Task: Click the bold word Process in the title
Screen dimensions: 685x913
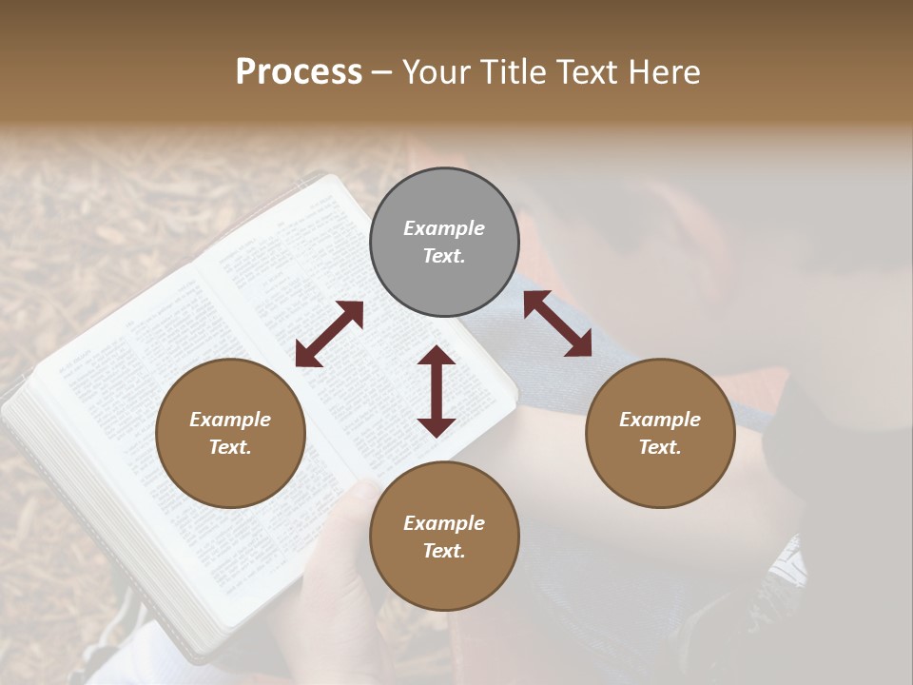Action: (299, 72)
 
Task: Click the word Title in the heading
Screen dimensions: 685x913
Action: (512, 72)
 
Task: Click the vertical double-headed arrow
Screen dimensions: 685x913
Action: (437, 391)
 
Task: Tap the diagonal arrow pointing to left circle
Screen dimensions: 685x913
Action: (329, 334)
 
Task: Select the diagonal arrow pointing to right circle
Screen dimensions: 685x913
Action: (557, 323)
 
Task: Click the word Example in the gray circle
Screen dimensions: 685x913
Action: (444, 228)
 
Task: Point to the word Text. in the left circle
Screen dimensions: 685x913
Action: (230, 447)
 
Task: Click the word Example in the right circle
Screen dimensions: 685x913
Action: (660, 420)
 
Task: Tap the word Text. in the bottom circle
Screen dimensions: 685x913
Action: (444, 551)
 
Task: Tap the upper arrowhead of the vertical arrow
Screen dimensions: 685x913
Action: (437, 356)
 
